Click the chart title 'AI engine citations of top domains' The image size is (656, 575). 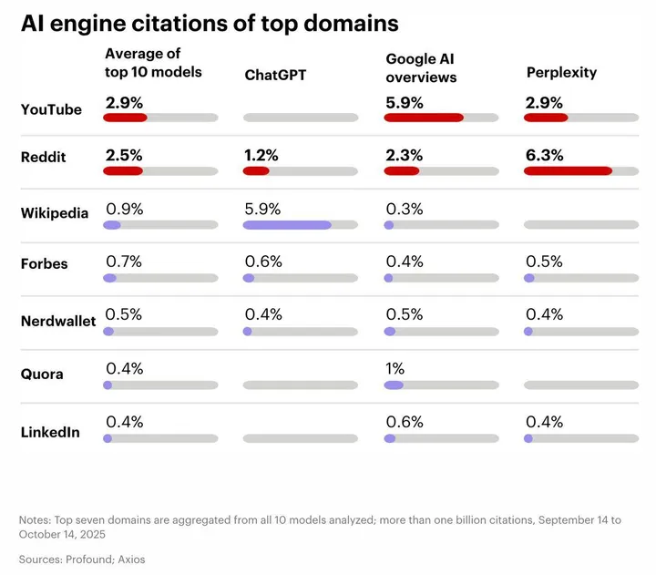210,22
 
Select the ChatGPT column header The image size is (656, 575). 275,75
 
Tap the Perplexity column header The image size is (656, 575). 561,72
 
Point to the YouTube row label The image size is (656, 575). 51,110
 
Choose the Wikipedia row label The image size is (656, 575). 55,213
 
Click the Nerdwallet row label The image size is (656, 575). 58,321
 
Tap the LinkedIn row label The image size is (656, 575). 51,432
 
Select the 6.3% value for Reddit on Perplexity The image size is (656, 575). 543,156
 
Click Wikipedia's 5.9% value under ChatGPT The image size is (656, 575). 262,209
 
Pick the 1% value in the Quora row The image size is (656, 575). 395,369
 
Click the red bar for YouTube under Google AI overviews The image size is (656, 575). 424,118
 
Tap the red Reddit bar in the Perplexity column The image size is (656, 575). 568,170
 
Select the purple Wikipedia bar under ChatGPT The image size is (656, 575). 287,224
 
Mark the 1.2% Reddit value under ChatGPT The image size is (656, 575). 262,156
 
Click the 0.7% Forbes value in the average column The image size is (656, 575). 124,262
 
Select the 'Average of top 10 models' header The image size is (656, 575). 153,63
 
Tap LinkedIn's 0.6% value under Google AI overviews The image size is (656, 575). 404,422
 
